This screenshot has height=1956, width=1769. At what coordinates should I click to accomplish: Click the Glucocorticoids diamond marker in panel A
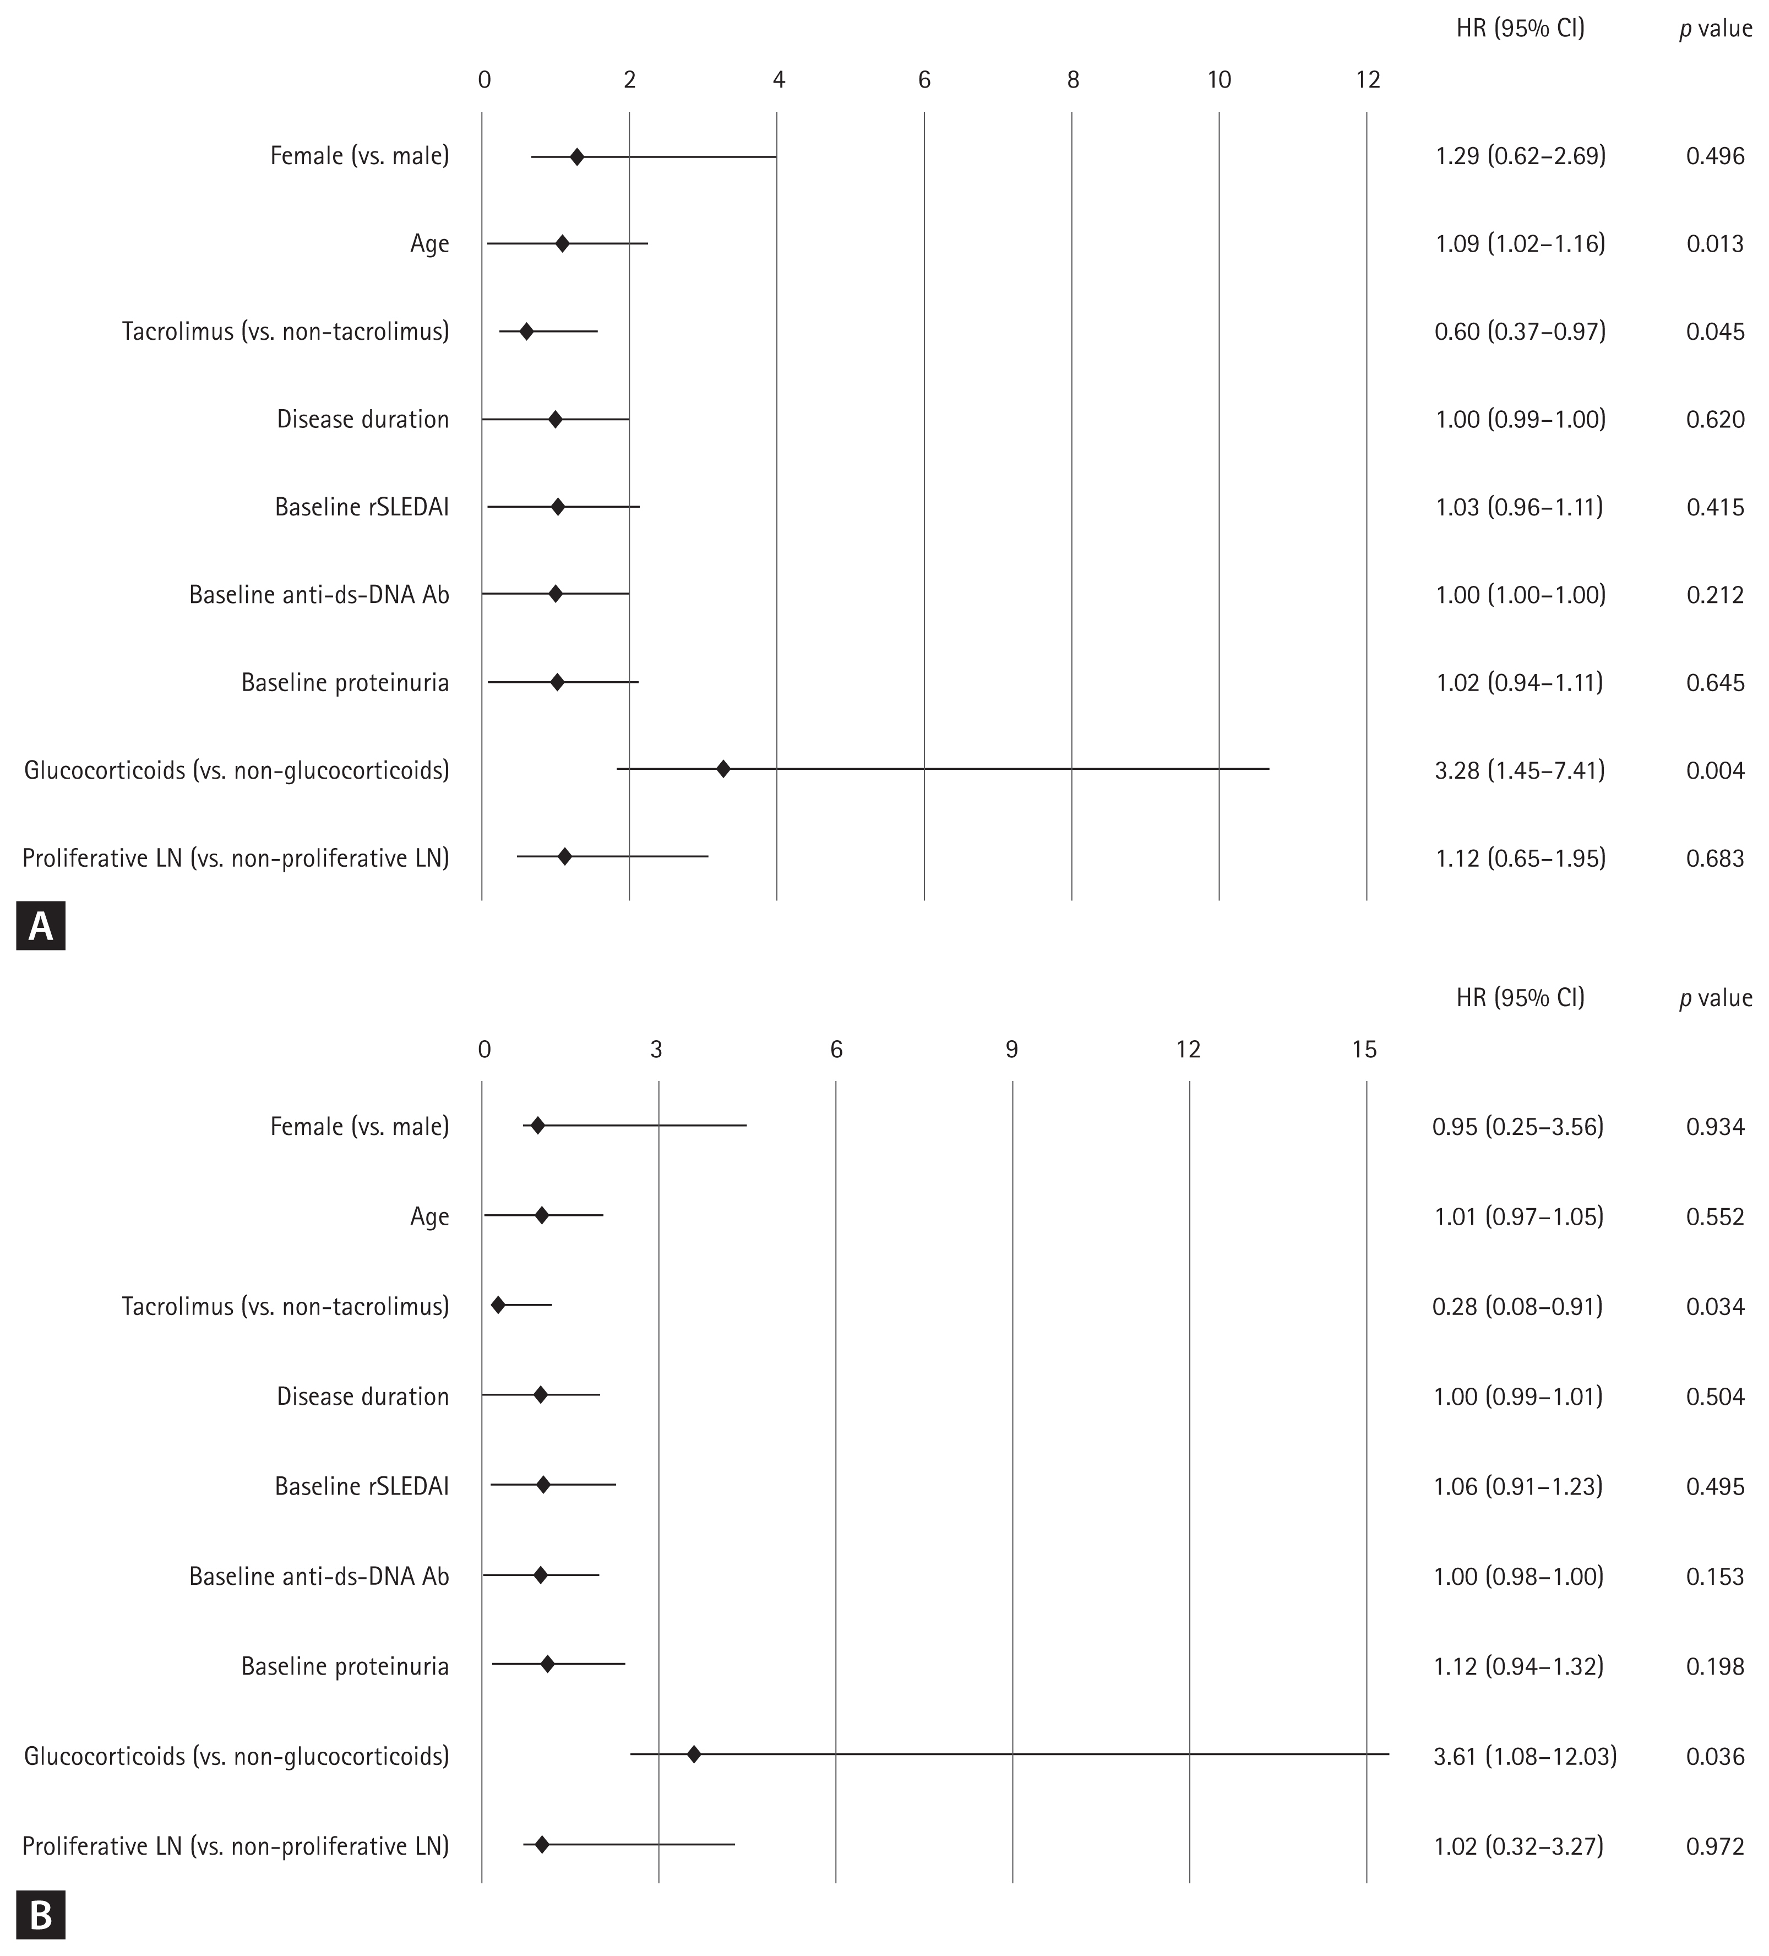click(722, 769)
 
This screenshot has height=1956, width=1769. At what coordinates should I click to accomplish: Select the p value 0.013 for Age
click(1714, 243)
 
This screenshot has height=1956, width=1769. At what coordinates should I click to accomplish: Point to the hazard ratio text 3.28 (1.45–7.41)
click(1520, 770)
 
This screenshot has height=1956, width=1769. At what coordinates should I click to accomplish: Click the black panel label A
click(41, 927)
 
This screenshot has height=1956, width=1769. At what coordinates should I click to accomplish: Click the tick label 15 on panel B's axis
click(1364, 1049)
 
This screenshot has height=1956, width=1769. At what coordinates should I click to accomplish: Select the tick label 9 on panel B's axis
click(1011, 1049)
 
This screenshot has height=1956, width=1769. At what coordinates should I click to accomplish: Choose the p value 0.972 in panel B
click(1714, 1845)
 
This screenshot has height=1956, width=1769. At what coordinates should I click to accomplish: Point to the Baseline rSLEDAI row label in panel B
click(362, 1486)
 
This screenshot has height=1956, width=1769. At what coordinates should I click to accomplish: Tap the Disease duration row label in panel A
click(363, 419)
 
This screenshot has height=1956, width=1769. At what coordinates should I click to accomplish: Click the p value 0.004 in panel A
click(1714, 770)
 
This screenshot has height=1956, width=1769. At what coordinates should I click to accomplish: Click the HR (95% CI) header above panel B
click(1520, 997)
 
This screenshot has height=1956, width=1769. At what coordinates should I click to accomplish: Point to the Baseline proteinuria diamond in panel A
click(557, 682)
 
